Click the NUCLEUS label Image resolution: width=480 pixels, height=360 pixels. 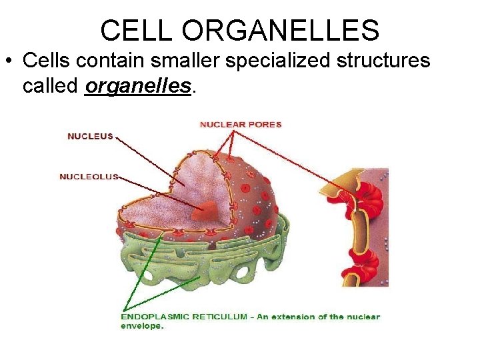point(90,137)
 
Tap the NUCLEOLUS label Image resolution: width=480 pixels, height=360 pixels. point(89,177)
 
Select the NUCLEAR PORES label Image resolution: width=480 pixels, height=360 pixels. point(241,124)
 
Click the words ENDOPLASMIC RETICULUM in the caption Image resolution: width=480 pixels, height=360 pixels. point(184,317)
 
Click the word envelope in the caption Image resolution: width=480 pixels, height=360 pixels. point(142,326)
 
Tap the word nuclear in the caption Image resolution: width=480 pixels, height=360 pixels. point(363,317)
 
